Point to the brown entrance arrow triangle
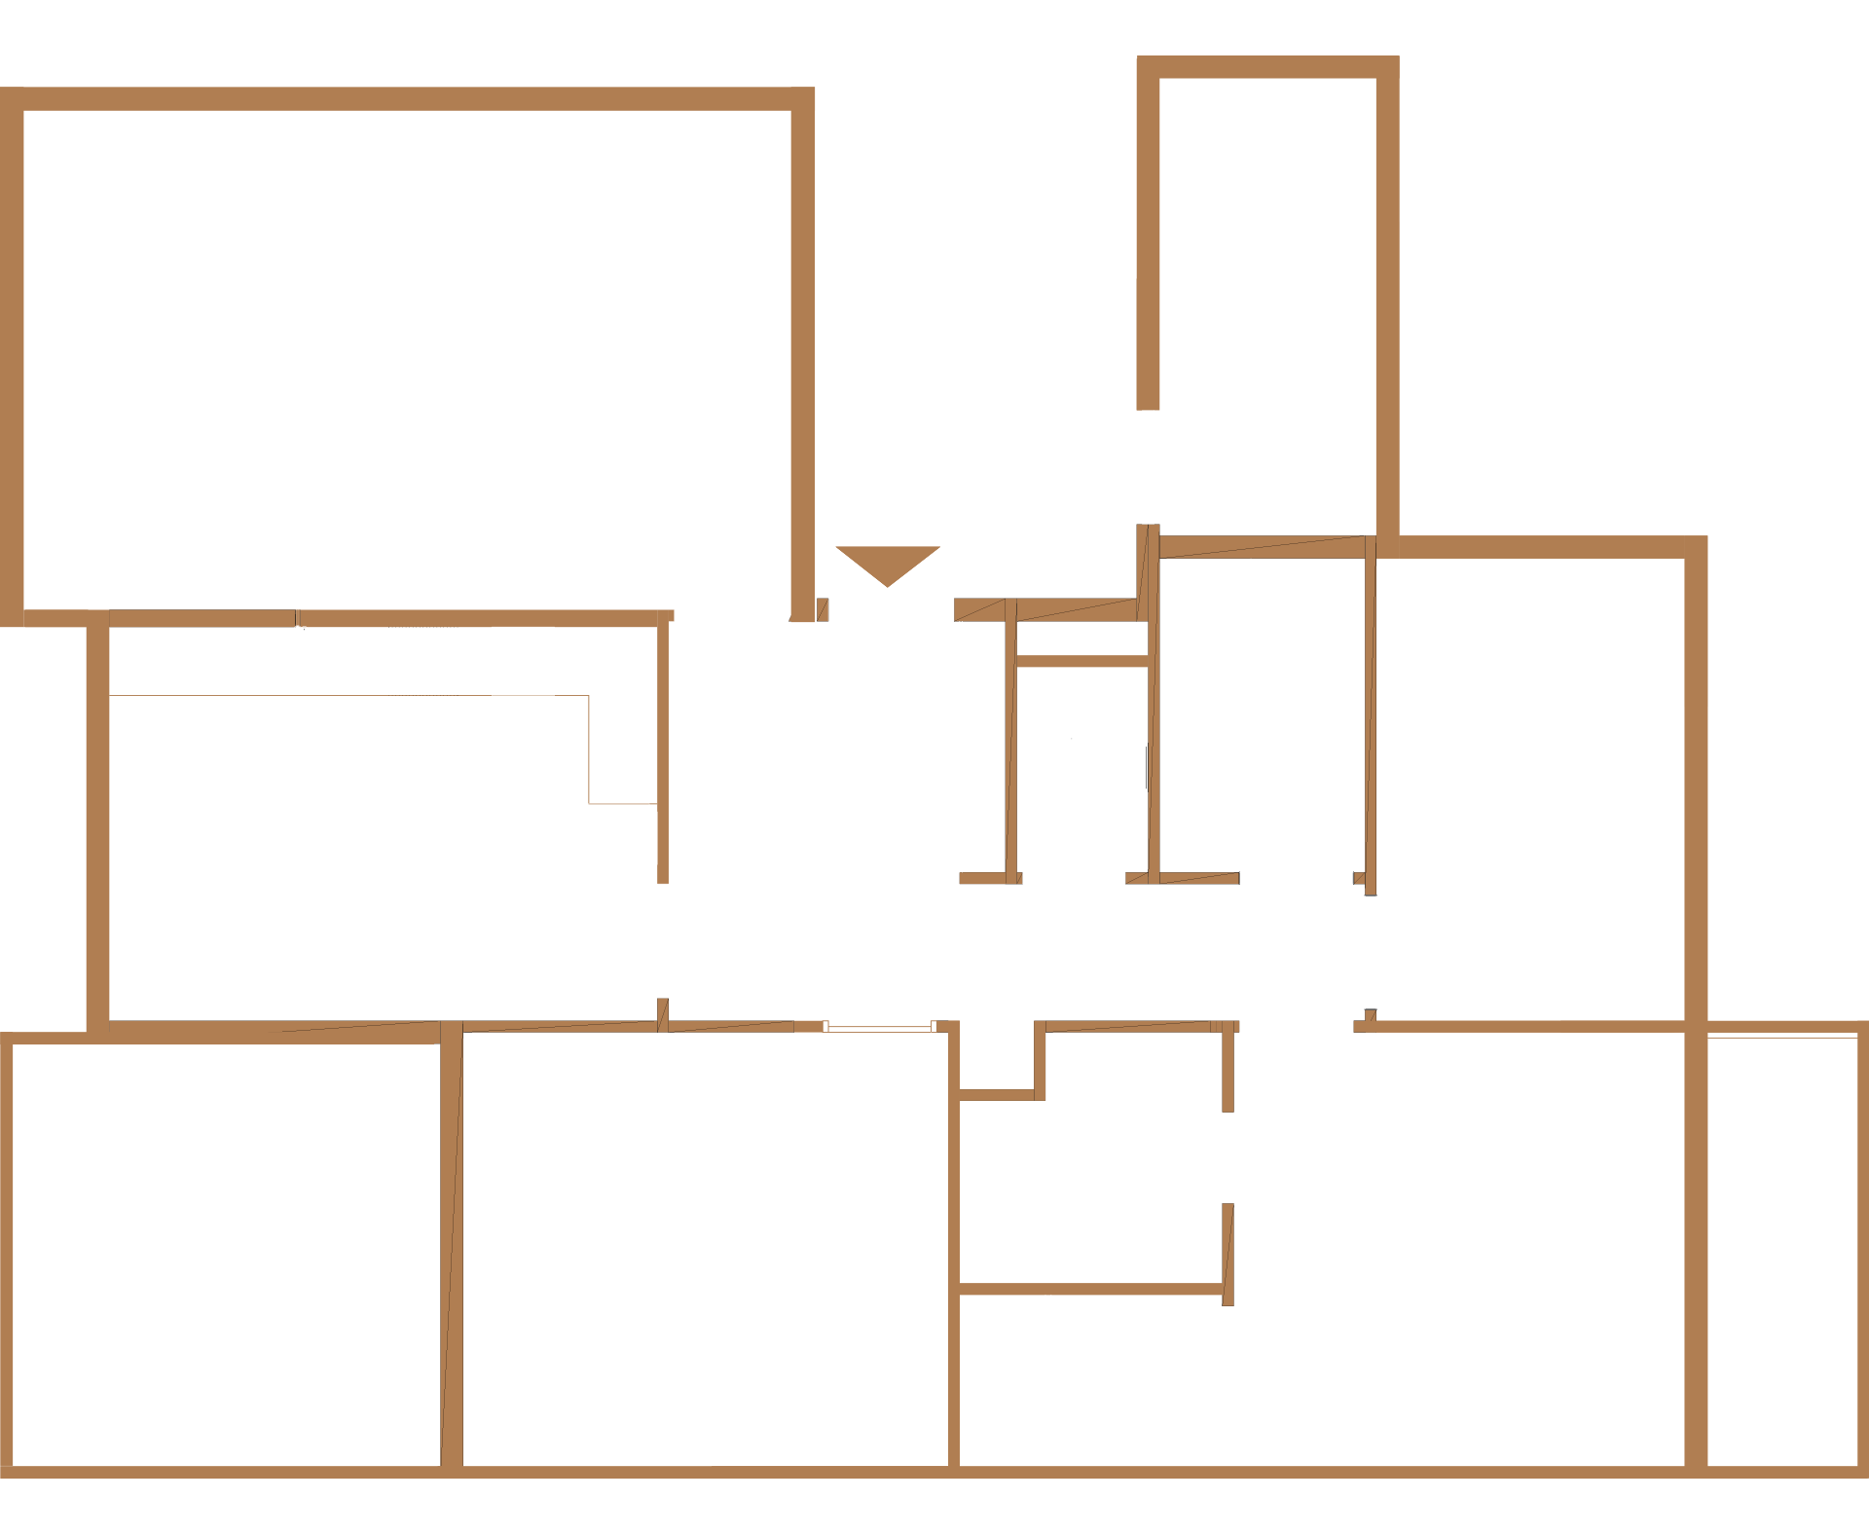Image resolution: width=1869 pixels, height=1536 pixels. pos(887,564)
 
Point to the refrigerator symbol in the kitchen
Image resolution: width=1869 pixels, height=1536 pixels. pos(617,837)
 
